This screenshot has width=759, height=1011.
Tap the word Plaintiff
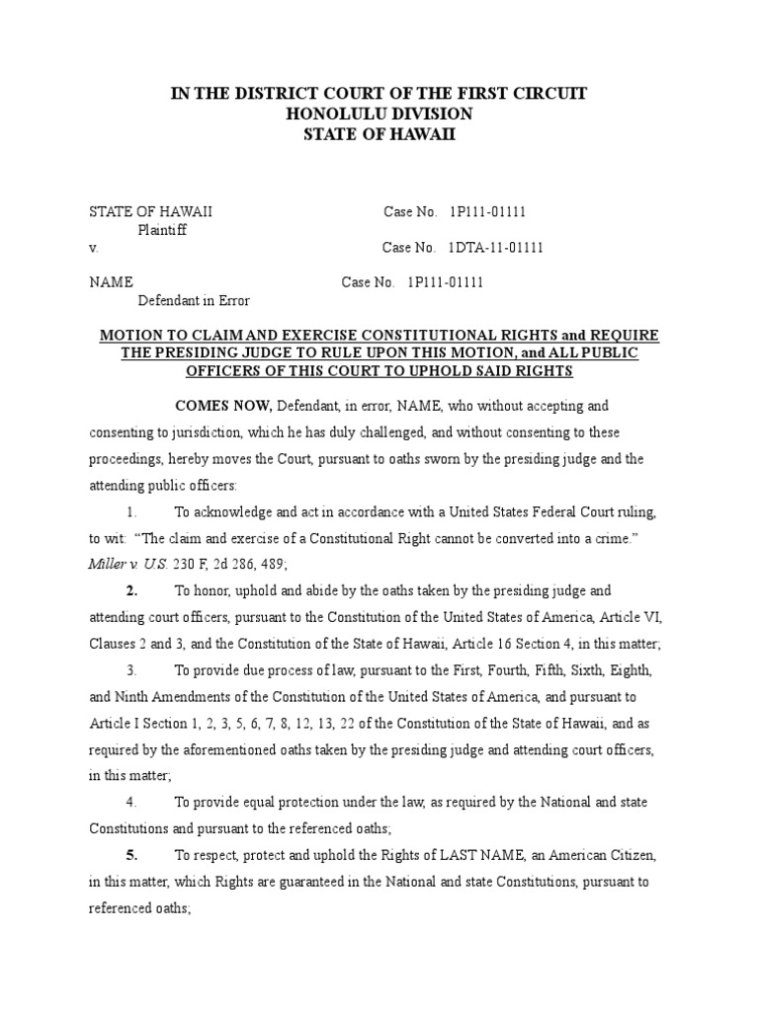pos(162,230)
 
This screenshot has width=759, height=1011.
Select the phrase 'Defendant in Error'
pos(194,300)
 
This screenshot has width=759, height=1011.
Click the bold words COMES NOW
pos(223,406)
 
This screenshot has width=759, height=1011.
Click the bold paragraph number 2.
pos(131,590)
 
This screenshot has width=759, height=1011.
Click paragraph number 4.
pos(130,802)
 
